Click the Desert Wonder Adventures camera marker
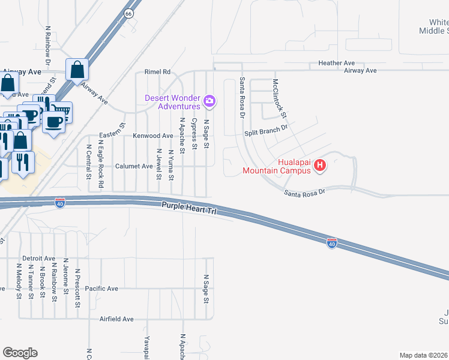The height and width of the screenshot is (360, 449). click(209, 101)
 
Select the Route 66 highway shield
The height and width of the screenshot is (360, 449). click(128, 13)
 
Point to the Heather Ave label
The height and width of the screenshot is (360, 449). click(337, 63)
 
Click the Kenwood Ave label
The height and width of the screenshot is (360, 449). click(153, 136)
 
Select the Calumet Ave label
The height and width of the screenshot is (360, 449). click(134, 166)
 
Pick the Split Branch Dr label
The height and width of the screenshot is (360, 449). click(267, 128)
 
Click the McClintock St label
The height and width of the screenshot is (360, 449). click(279, 98)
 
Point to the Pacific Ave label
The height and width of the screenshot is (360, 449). click(101, 289)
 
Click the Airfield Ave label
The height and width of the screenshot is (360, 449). click(116, 319)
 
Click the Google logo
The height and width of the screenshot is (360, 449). click(20, 353)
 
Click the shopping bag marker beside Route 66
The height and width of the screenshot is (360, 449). click(78, 70)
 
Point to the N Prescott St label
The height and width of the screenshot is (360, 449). click(78, 288)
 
